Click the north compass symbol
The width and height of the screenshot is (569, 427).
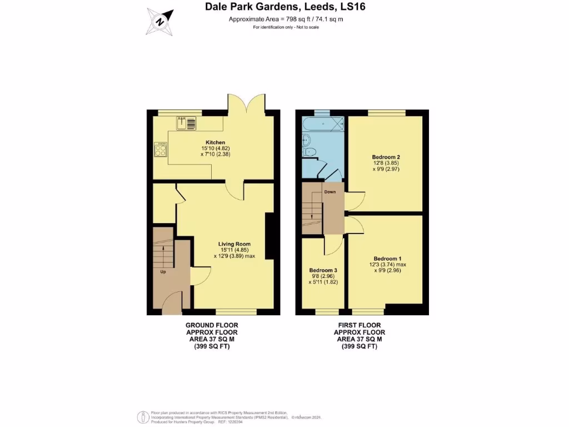tap(159, 21)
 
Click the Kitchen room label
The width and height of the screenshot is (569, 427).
tap(215, 142)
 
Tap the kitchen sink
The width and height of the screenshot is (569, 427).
tap(186, 122)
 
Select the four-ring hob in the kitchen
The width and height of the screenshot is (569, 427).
tap(161, 149)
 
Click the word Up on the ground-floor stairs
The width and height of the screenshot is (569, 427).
tap(163, 272)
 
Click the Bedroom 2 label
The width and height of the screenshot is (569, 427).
tap(386, 157)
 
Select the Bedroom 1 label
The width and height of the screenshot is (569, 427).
tap(387, 259)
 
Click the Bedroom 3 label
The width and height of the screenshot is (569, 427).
tap(323, 270)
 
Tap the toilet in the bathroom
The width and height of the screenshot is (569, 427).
tap(310, 151)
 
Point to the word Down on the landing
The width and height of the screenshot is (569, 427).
tap(330, 192)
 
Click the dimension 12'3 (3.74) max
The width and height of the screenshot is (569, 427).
tap(389, 265)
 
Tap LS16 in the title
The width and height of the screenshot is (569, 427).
tap(352, 7)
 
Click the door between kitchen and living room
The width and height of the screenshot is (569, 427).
tap(235, 190)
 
